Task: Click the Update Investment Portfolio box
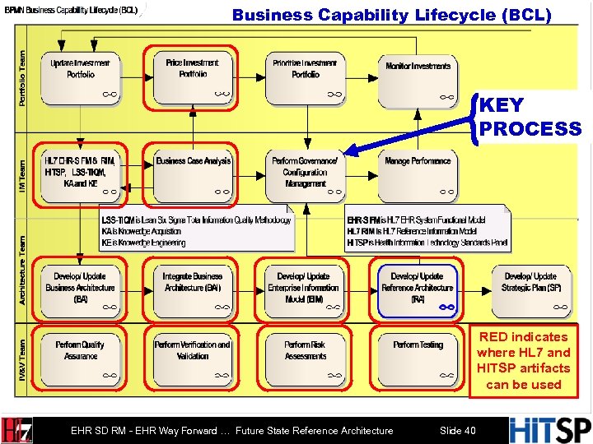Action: pos(81,79)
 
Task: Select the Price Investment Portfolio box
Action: pos(193,79)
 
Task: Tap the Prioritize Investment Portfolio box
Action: pos(306,79)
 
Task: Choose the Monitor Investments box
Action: pos(418,79)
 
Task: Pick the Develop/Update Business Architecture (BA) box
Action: pos(81,289)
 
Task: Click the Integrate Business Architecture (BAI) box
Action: pos(193,289)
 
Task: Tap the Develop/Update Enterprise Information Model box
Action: pos(306,289)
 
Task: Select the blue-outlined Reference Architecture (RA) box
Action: pos(418,289)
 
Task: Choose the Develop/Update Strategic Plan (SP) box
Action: pos(531,289)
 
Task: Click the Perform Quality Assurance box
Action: pos(81,356)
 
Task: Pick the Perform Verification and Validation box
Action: pos(193,356)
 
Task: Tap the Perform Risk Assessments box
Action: pos(306,356)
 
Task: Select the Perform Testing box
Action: pos(418,356)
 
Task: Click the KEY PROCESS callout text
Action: pos(530,117)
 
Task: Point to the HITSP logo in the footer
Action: pos(550,408)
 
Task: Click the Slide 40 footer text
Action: pos(457,408)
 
